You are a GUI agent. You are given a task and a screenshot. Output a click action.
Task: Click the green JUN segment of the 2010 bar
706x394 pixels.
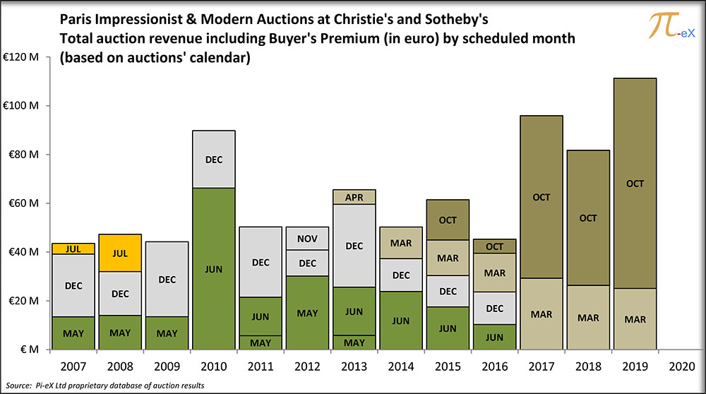coord(213,268)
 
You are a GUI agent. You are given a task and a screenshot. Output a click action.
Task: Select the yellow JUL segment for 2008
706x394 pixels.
coord(120,253)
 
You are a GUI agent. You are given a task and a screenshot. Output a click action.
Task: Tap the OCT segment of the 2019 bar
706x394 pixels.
coord(635,183)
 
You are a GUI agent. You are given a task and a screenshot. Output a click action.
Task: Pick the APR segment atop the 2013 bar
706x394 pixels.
coord(354,197)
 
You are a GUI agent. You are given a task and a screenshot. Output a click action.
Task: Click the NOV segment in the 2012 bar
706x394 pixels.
coord(307,239)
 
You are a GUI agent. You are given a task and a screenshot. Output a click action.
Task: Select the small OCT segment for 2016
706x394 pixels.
coord(494,246)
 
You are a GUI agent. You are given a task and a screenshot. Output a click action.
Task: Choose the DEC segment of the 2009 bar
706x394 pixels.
coord(167,280)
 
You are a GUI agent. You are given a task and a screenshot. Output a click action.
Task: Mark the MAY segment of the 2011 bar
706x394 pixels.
coord(261,342)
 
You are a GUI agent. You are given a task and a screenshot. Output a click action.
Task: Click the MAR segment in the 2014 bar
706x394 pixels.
coord(401,243)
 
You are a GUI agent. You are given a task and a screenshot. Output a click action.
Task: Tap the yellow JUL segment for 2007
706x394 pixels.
coord(73,249)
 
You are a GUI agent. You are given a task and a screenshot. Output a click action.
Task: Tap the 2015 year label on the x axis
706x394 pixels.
coord(448,366)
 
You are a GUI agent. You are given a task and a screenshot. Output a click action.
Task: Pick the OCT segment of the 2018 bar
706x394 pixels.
coord(588,218)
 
